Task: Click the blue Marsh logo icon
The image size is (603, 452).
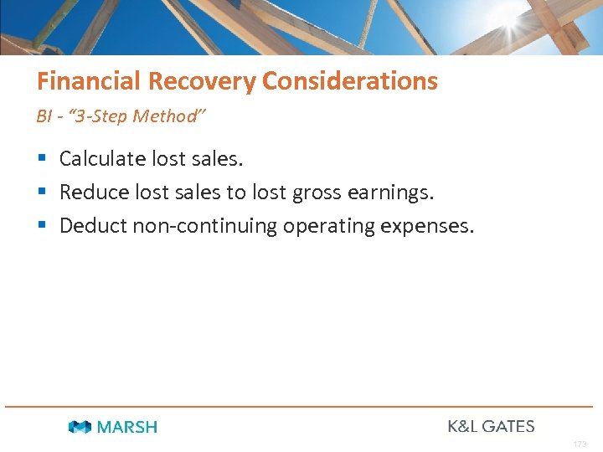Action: coord(80,427)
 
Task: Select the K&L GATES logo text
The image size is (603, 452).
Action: coord(491,426)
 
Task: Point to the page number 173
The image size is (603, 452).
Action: coord(580,444)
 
